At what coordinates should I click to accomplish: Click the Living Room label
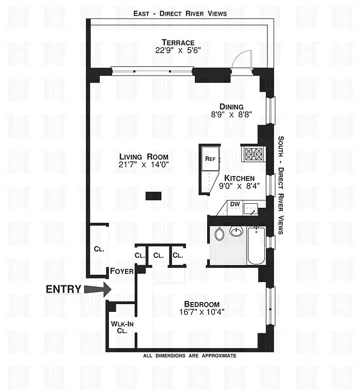(144, 156)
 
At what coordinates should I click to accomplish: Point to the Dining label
(232, 107)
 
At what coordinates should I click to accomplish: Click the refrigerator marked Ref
(210, 158)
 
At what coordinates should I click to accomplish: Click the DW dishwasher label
(235, 204)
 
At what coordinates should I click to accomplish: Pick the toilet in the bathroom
(219, 234)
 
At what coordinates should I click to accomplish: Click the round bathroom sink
(236, 231)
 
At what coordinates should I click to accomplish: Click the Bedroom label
(202, 304)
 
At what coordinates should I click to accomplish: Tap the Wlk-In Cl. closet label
(119, 326)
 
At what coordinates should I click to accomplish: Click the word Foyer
(120, 271)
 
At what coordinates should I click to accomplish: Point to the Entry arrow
(97, 289)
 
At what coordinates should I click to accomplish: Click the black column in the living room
(153, 196)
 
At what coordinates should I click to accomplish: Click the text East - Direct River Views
(180, 14)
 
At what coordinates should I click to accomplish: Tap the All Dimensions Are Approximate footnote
(190, 356)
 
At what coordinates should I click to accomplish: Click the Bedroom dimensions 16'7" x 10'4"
(202, 313)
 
